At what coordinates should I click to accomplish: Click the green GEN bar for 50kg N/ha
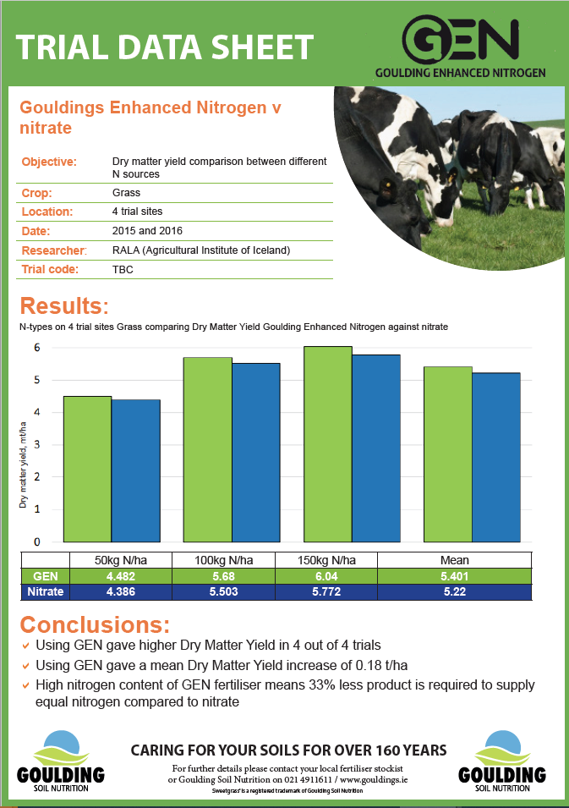tap(87, 469)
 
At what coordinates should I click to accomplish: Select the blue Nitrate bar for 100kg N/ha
tap(255, 453)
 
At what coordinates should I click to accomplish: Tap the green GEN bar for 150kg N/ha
tap(328, 444)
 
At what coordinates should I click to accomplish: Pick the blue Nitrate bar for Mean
tap(495, 457)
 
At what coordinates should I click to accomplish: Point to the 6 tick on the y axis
tap(37, 347)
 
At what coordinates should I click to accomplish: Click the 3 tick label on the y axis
tap(37, 444)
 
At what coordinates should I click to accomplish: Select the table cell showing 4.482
tap(122, 575)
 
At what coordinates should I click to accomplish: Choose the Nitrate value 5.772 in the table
tap(326, 591)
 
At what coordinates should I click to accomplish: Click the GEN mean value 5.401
tap(454, 575)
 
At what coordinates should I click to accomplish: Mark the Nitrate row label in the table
tap(46, 591)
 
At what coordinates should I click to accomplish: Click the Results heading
tap(64, 305)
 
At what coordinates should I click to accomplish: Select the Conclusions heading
tap(95, 625)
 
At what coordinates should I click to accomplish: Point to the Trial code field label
tap(49, 270)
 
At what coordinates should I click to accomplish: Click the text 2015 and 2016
tap(147, 230)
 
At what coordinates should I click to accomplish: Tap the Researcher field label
tap(53, 250)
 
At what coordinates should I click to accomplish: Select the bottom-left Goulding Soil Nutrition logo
tap(61, 758)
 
